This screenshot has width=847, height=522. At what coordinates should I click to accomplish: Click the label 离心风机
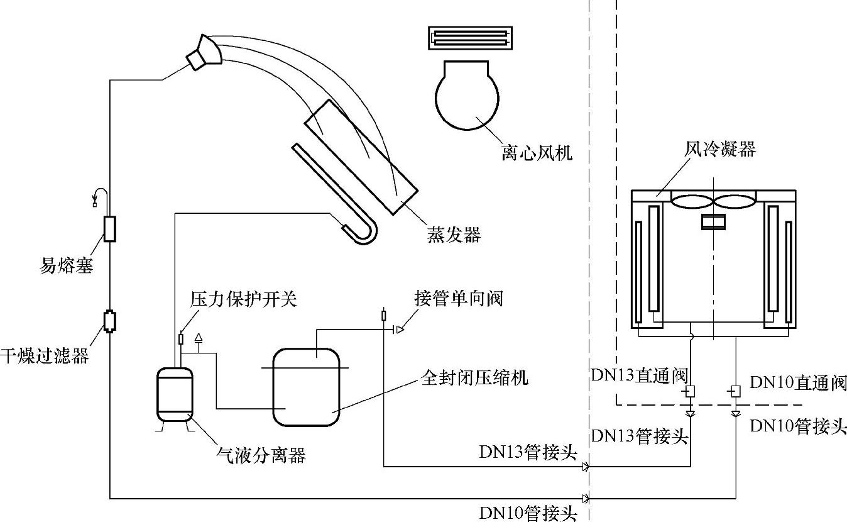537,153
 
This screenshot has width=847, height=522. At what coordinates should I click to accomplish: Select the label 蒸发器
454,235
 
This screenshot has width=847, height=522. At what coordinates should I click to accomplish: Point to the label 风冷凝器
720,149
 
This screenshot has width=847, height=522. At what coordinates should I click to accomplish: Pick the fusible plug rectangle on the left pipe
110,229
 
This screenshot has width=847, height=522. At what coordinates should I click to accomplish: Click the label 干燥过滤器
45,356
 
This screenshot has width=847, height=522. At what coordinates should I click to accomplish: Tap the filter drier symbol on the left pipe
110,321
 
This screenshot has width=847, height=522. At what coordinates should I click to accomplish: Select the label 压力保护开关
244,299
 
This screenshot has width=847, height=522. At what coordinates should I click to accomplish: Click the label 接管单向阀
459,298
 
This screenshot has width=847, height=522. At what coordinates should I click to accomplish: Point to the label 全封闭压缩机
474,378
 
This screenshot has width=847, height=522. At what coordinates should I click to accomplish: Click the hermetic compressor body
306,387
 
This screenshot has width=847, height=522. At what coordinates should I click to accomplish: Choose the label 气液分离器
261,455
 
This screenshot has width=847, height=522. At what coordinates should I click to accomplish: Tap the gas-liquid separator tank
175,394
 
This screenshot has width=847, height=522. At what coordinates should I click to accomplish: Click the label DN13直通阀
639,375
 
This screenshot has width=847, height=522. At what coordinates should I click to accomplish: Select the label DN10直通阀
798,383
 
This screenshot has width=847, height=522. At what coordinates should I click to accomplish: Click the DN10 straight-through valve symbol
735,391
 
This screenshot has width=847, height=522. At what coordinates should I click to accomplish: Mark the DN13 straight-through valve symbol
690,391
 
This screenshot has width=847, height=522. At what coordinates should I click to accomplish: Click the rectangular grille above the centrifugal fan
471,38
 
